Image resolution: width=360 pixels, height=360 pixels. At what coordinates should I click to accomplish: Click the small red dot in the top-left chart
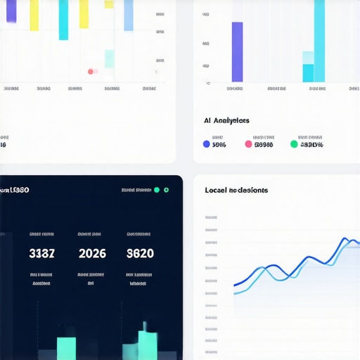click(x=91, y=71)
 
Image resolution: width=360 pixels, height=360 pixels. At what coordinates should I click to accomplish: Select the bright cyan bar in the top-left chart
click(x=64, y=20)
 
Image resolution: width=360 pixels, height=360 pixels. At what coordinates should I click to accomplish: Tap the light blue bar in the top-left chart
click(x=129, y=15)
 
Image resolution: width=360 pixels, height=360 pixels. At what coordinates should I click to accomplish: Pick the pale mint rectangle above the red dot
click(x=110, y=59)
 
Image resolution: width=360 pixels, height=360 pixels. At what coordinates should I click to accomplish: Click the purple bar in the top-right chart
click(x=237, y=52)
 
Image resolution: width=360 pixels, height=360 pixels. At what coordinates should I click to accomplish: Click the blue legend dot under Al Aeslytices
click(x=206, y=144)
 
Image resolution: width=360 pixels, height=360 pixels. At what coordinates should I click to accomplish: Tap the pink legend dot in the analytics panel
click(x=248, y=144)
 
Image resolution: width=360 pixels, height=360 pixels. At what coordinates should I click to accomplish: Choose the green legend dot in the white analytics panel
click(x=294, y=144)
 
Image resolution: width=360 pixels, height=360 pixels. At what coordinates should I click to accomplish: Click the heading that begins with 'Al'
click(x=226, y=121)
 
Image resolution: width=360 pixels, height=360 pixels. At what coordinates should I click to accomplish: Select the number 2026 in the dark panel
click(x=91, y=253)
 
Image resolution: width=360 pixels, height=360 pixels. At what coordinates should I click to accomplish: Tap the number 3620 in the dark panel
click(x=140, y=253)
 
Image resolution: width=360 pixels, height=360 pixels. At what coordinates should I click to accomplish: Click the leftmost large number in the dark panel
click(x=42, y=253)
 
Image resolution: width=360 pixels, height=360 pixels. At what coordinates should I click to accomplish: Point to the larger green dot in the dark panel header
click(x=167, y=190)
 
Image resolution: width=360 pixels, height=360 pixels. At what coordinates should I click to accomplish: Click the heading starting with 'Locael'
click(x=236, y=190)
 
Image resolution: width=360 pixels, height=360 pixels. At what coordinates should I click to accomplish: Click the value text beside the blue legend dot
click(x=219, y=145)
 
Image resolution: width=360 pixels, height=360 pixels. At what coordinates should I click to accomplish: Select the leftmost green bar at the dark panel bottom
click(x=66, y=348)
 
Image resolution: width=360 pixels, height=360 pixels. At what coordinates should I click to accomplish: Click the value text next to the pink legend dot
click(x=264, y=145)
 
